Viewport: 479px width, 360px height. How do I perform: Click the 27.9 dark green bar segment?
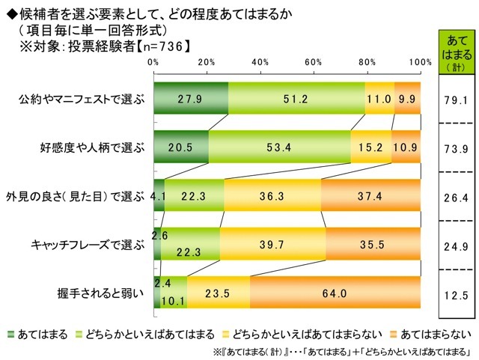(191, 98)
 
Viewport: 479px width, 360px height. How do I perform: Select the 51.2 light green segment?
(296, 98)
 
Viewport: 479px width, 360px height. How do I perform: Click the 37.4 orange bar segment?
(370, 195)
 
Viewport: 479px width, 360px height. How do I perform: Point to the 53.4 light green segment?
(279, 147)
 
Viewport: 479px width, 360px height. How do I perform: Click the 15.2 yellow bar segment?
(371, 147)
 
